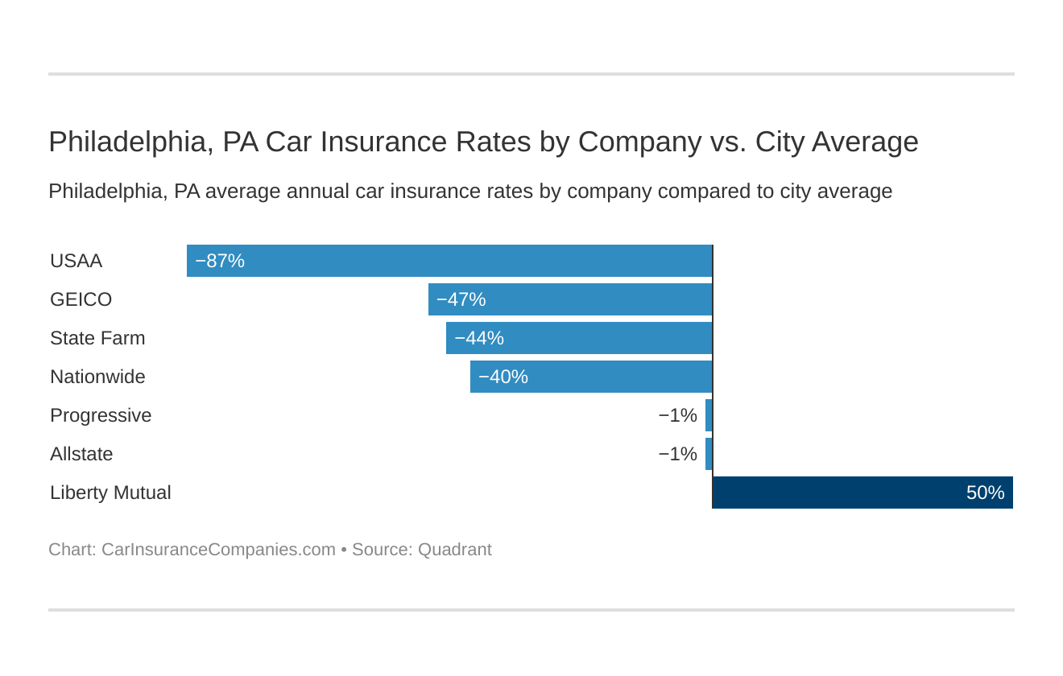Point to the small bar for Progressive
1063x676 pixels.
click(x=709, y=415)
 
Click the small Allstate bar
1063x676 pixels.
click(x=709, y=454)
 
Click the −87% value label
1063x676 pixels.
click(x=220, y=261)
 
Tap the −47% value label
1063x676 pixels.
click(x=461, y=299)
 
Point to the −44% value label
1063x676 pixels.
click(x=479, y=338)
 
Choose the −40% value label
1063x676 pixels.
click(x=503, y=377)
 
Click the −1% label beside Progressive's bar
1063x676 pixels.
click(x=677, y=415)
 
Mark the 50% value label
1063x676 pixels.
click(x=985, y=493)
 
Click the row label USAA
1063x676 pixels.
click(x=76, y=261)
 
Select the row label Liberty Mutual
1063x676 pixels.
click(x=110, y=493)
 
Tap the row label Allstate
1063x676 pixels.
click(x=81, y=454)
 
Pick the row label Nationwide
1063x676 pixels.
click(x=97, y=377)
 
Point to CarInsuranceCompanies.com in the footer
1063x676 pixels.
click(x=218, y=550)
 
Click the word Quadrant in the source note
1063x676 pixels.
click(x=454, y=550)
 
